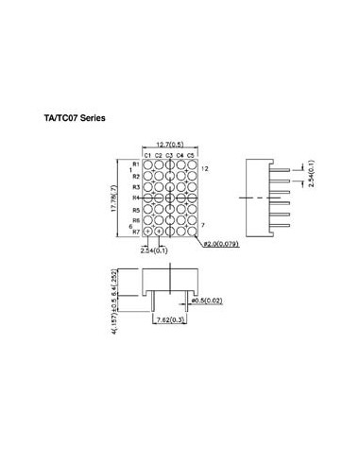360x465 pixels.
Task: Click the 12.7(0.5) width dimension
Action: [x=170, y=144]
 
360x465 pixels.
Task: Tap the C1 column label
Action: [x=148, y=154]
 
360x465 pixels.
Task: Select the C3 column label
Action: [x=170, y=154]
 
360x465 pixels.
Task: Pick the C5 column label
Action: [x=192, y=154]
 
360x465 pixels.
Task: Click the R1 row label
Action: [x=135, y=165]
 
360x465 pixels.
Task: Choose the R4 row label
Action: [x=135, y=198]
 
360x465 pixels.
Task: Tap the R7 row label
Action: [x=135, y=231]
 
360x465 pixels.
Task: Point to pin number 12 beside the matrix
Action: [x=205, y=167]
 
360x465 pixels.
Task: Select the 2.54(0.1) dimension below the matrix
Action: [x=154, y=250]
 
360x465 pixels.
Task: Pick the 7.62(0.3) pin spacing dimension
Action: [x=171, y=320]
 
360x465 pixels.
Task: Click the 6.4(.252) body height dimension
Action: [x=113, y=280]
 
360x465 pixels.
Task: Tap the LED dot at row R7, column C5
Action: [x=192, y=231]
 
